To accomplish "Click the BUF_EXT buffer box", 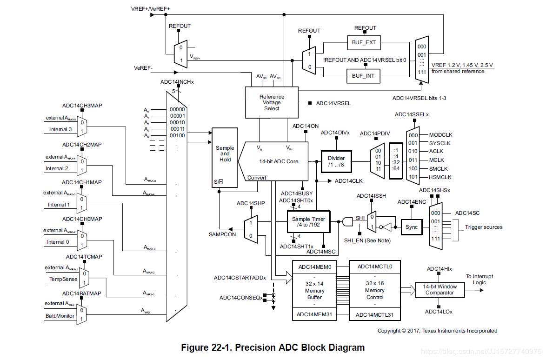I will tap(364, 42).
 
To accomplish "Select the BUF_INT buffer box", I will tap(364, 75).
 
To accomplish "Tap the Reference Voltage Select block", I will tap(272, 102).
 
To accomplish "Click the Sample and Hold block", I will tap(225, 154).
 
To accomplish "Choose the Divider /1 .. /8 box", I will tap(336, 161).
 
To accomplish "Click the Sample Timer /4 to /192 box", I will tap(308, 222).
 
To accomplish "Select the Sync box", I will tap(411, 227).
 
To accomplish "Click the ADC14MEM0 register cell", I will tap(314, 267).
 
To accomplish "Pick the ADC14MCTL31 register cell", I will tap(374, 315).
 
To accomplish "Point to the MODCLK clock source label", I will tap(440, 134).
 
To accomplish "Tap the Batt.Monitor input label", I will tap(60, 316).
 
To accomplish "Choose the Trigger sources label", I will tap(484, 227).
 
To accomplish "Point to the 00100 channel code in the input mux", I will tap(178, 135).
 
